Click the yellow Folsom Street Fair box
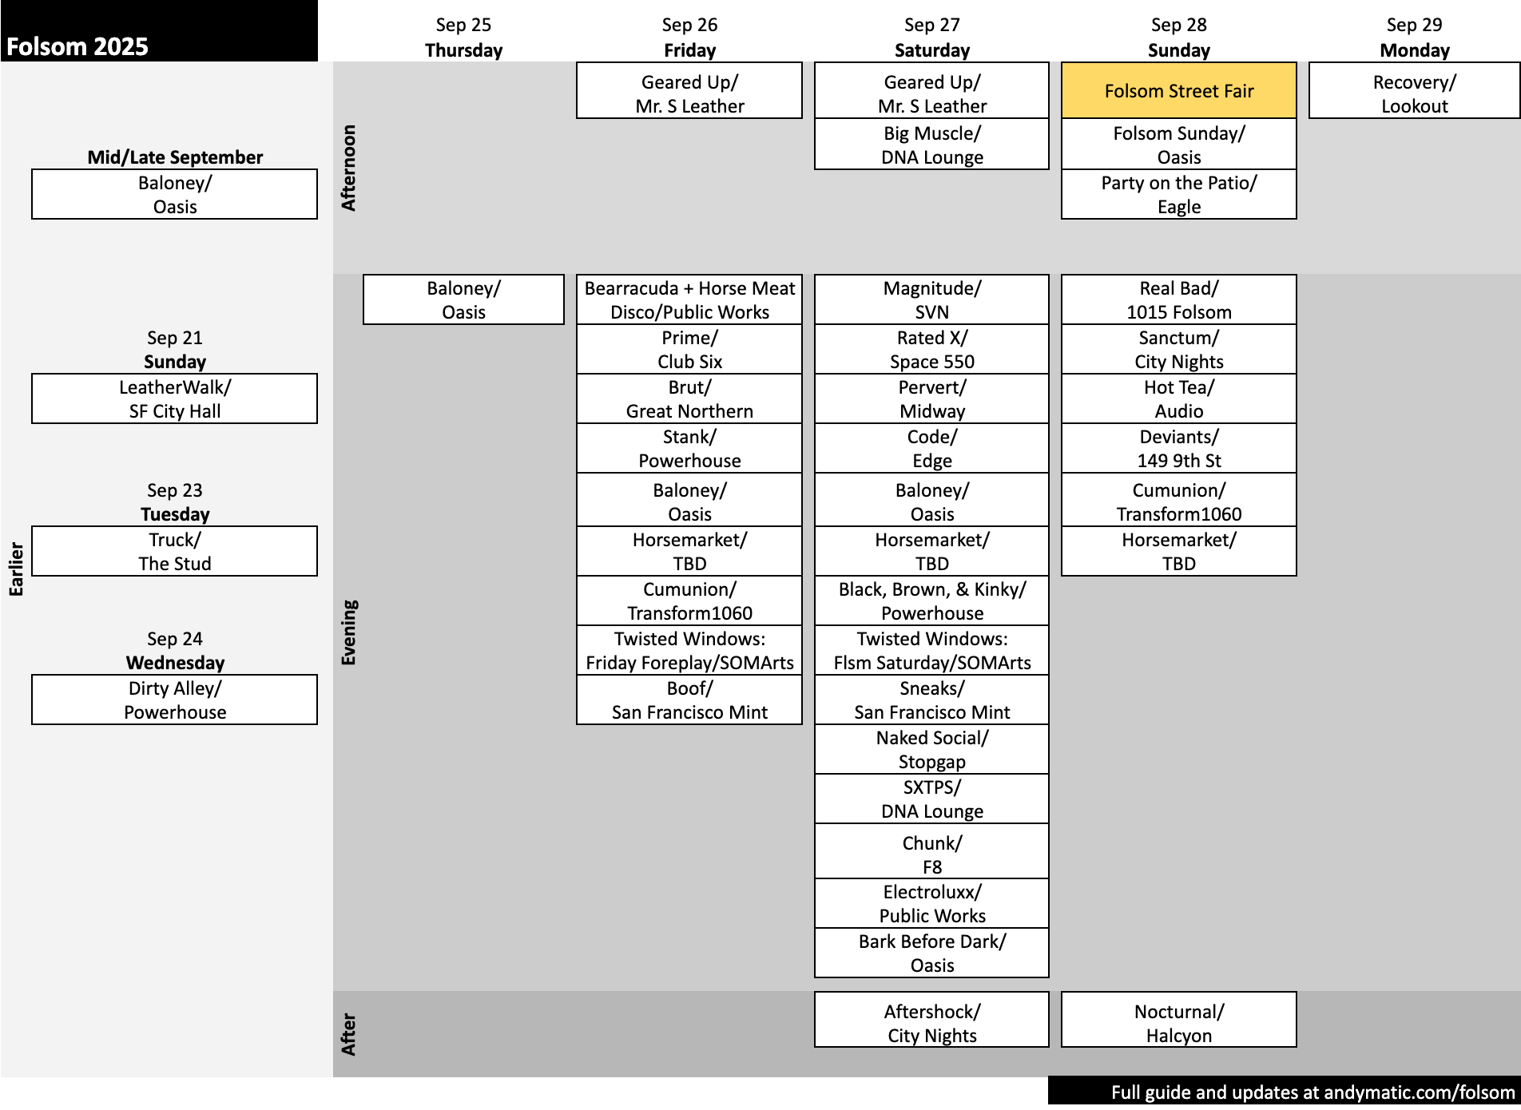[1178, 91]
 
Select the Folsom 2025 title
[77, 46]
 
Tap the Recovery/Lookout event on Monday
[1414, 93]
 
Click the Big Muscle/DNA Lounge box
[931, 145]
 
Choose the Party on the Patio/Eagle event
[1178, 194]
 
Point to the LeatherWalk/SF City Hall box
[174, 398]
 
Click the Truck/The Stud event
[174, 551]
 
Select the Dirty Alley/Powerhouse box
[174, 700]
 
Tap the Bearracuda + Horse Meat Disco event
[689, 299]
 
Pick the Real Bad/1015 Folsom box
[1178, 299]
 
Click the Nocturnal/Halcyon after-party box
[1178, 1023]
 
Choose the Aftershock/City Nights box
[931, 1023]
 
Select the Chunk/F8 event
[931, 854]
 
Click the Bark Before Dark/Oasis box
[931, 953]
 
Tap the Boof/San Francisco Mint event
[689, 700]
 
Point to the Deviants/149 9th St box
[1178, 448]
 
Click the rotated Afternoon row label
[348, 168]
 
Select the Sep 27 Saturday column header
[931, 38]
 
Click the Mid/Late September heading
[175, 157]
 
